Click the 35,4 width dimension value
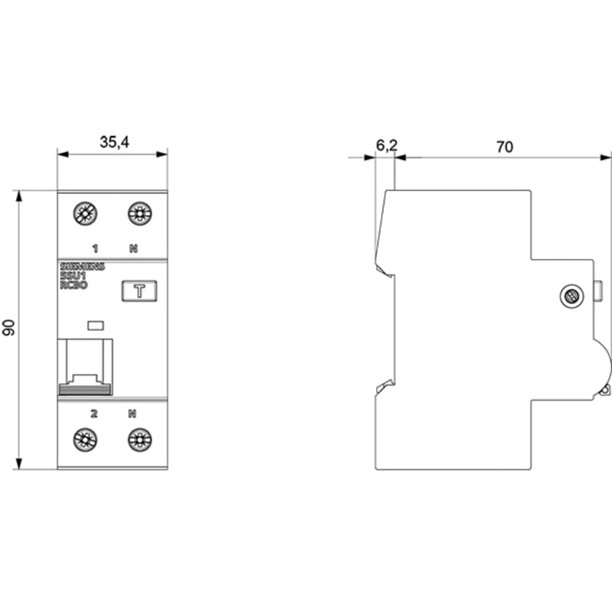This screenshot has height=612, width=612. pos(114,142)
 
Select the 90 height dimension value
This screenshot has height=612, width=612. pos(9,328)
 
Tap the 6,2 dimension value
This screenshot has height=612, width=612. pos(386,147)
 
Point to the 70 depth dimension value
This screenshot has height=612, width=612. pos(504,147)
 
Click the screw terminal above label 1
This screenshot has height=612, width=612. pos(85,213)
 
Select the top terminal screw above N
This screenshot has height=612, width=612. pos(139,213)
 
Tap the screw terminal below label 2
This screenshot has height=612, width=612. pos(85,439)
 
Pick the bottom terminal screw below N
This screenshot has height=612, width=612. pos(139,439)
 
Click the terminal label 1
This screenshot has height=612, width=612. pos(95,248)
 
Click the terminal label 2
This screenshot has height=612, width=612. pos(95,414)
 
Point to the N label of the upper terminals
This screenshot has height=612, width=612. pos(132,248)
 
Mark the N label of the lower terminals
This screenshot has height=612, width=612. pos(132,414)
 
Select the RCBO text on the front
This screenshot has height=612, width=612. pos(73,286)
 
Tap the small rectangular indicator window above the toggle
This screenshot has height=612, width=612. pos(96,326)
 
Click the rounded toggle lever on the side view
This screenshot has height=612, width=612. pos(603,366)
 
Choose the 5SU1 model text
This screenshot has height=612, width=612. pos(72,276)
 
